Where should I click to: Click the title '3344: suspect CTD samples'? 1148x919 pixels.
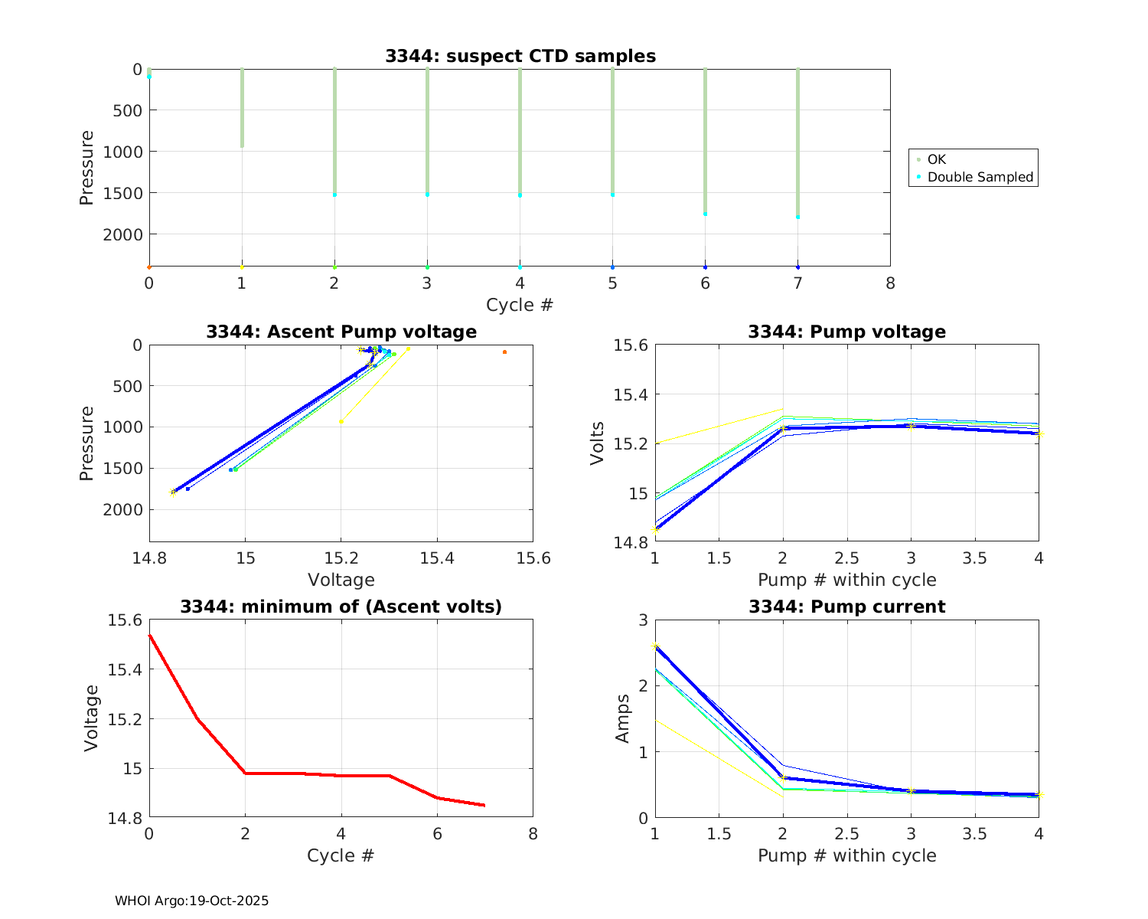click(x=520, y=56)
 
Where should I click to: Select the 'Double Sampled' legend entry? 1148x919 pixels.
click(x=980, y=177)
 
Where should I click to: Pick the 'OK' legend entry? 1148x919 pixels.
click(x=936, y=159)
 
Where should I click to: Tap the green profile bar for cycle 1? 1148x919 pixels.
click(x=242, y=107)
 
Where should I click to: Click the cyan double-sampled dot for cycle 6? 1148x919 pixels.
click(x=705, y=214)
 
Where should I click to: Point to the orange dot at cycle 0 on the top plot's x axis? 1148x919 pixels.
click(x=149, y=267)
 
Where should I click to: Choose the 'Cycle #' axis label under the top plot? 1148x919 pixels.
click(x=520, y=305)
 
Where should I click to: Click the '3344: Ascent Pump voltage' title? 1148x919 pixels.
click(x=341, y=332)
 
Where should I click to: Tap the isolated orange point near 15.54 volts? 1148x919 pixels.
click(x=504, y=352)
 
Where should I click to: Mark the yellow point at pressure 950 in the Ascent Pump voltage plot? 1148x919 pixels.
click(x=341, y=421)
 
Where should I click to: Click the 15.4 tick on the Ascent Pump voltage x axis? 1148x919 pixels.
click(x=437, y=558)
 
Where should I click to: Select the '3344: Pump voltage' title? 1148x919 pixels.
click(x=846, y=332)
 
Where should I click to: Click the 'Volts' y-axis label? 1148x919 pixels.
click(x=598, y=443)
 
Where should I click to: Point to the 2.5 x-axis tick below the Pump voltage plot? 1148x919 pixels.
click(x=846, y=558)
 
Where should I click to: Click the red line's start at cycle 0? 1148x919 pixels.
click(x=150, y=635)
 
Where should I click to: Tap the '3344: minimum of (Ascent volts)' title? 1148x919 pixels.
click(x=341, y=607)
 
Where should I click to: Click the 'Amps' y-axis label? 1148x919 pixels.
click(x=623, y=718)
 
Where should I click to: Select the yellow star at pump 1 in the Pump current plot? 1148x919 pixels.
click(x=655, y=646)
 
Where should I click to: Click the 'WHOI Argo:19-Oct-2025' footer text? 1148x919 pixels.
click(x=191, y=901)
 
